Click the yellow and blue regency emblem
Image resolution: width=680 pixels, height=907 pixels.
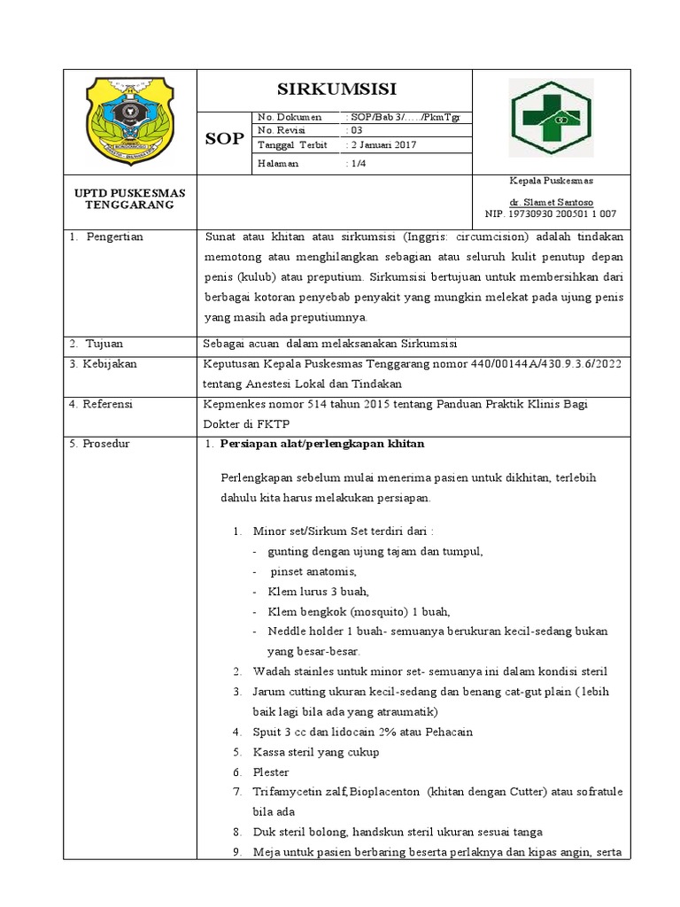pyautogui.click(x=128, y=116)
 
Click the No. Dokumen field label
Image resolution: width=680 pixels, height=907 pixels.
pyautogui.click(x=283, y=117)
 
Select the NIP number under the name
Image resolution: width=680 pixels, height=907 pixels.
pyautogui.click(x=551, y=213)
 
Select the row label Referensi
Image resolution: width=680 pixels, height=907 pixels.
pyautogui.click(x=107, y=404)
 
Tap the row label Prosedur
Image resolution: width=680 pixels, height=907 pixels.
pyautogui.click(x=105, y=443)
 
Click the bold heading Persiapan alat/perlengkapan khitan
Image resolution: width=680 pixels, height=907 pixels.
pyautogui.click(x=322, y=443)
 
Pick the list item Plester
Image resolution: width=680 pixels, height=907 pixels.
pyautogui.click(x=271, y=772)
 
